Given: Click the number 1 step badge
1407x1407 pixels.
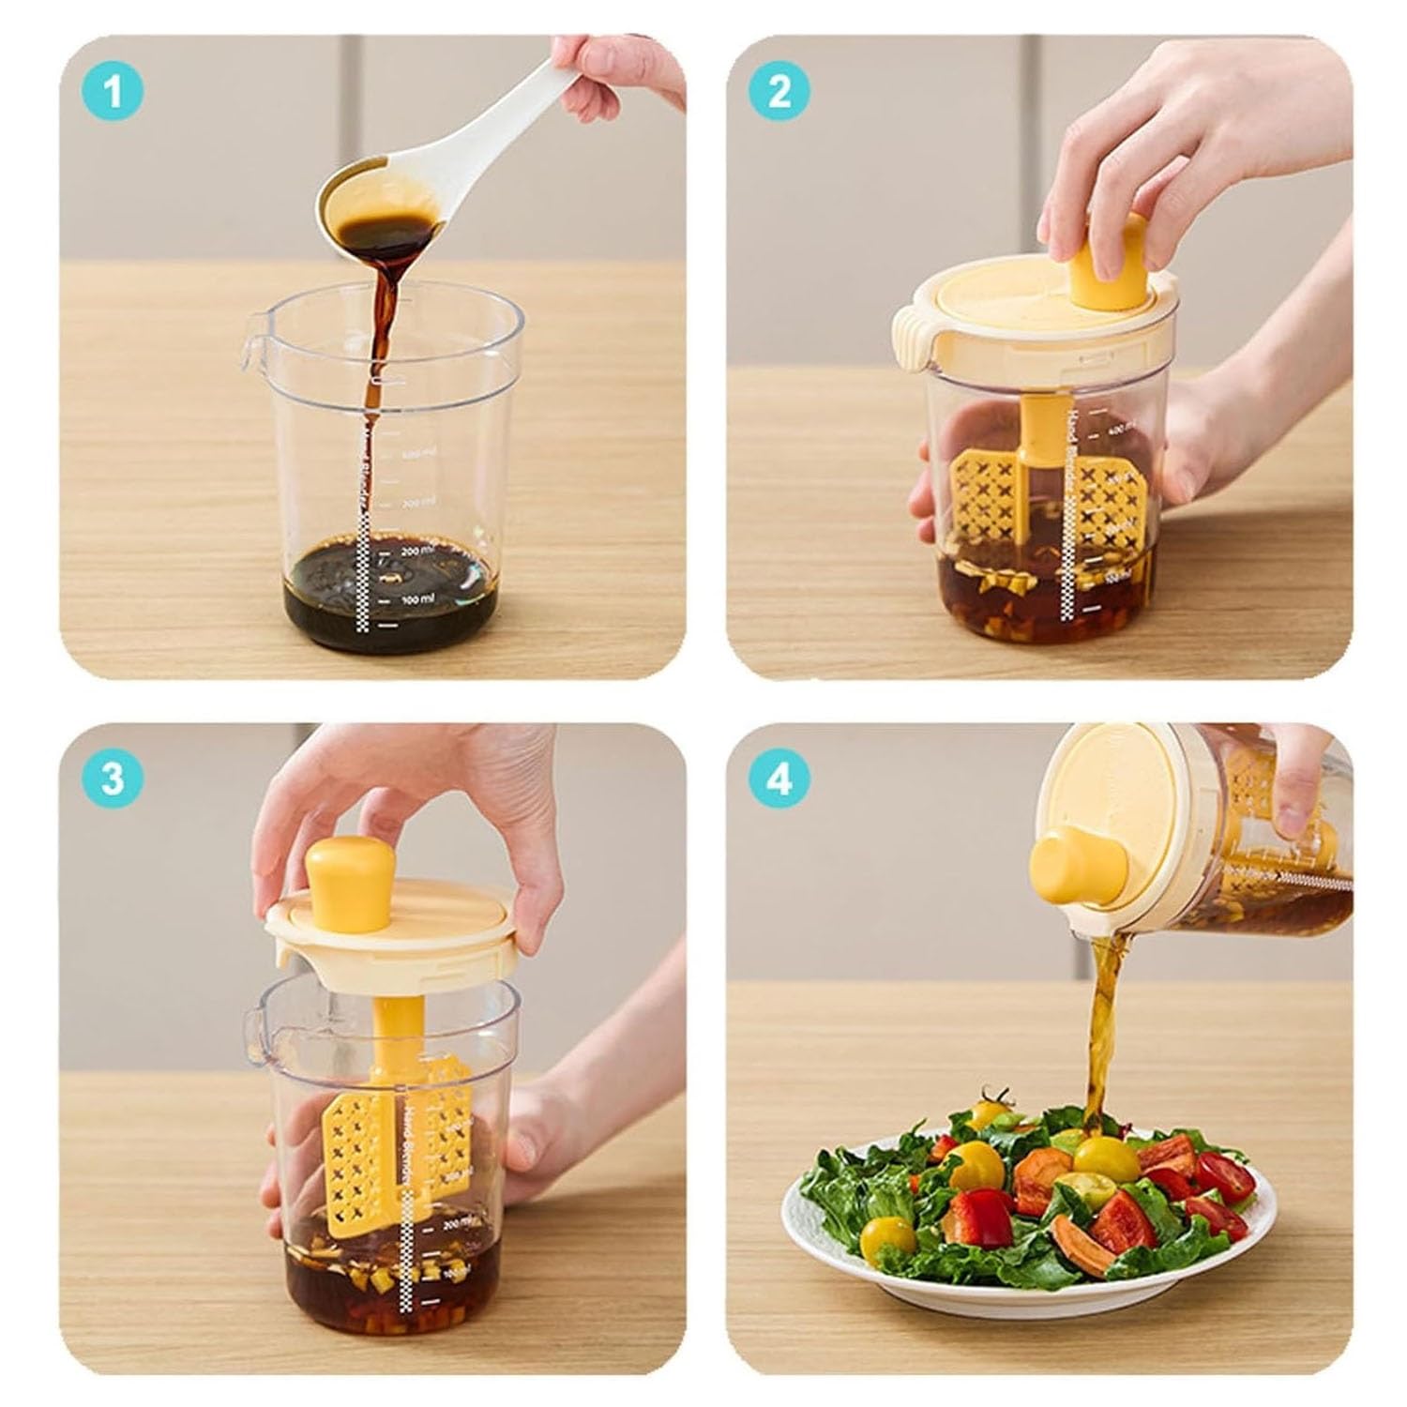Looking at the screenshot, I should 113,93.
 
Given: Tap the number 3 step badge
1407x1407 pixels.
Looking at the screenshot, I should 113,779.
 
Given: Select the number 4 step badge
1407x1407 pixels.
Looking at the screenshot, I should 779,779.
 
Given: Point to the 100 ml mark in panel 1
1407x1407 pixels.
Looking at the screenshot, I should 416,598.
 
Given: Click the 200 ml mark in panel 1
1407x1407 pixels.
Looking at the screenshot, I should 416,551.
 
